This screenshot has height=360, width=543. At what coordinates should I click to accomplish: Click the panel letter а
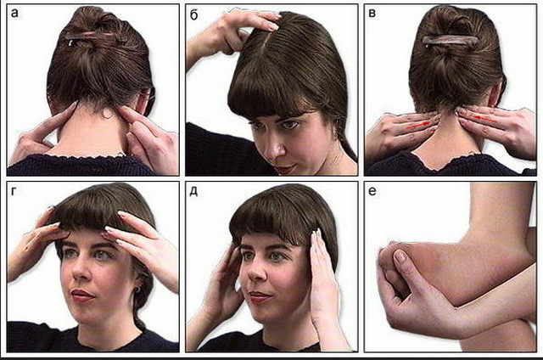pyautogui.click(x=14, y=14)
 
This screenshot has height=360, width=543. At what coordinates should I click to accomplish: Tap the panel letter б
pyautogui.click(x=194, y=14)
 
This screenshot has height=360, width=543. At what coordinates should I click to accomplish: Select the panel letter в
pyautogui.click(x=372, y=14)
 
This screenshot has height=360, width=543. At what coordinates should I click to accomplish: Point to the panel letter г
pyautogui.click(x=14, y=192)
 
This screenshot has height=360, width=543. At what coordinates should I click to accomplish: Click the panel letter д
pyautogui.click(x=194, y=192)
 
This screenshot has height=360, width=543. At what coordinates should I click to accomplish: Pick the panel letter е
pyautogui.click(x=372, y=192)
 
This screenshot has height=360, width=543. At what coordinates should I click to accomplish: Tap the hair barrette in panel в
pyautogui.click(x=451, y=41)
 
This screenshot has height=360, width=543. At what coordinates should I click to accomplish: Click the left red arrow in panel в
pyautogui.click(x=418, y=125)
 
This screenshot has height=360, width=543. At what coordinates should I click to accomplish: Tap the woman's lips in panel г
pyautogui.click(x=81, y=295)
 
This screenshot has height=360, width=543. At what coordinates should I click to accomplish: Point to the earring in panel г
pyautogui.click(x=137, y=289)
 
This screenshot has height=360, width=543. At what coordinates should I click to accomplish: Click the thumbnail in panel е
pyautogui.click(x=400, y=256)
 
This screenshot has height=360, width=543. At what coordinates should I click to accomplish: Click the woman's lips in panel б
pyautogui.click(x=284, y=170)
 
